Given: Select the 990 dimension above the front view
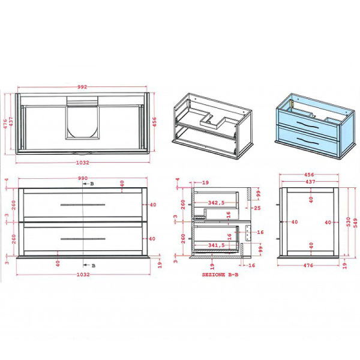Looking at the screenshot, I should pos(83,178).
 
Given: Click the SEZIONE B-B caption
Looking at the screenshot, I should pos(219,274).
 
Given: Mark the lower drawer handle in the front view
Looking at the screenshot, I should pos(83,239).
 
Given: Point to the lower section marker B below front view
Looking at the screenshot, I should pos(93,265).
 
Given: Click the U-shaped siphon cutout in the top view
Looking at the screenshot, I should pos(83,120).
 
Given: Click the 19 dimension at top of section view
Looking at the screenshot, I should pos(205,182).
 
